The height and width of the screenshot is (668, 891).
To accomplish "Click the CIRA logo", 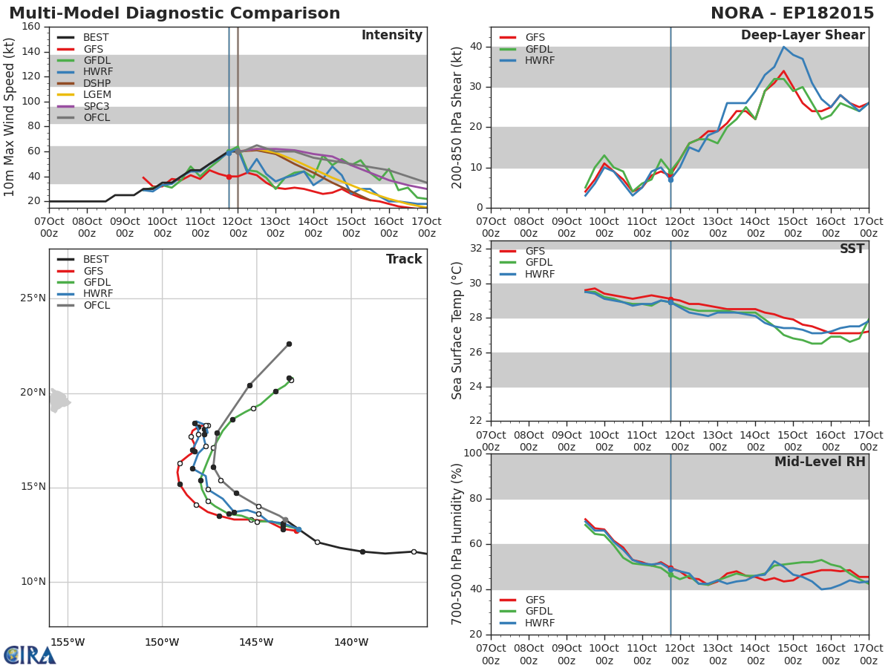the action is pos(30,655).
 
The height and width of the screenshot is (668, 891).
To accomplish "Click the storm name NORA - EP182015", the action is pos(792,13).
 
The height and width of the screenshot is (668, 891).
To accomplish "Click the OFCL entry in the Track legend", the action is pos(84,305).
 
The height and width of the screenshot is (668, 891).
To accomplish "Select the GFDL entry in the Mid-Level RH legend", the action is pos(526,611).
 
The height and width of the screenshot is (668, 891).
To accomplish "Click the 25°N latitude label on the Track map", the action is pos(33,298).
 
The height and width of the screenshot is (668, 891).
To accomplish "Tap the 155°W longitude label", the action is pos(68,643).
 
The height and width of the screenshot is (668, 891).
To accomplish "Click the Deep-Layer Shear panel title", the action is pos(803,36).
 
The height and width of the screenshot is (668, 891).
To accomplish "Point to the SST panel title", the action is pos(852,249).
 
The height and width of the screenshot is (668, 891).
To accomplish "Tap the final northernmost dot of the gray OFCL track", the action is pos(290,344).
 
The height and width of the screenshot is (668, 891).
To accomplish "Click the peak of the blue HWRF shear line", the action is pos(784,47).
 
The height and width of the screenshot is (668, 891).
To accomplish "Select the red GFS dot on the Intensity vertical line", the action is pos(229,177).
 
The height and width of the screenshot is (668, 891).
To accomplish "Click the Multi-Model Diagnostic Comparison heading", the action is pos(174,13).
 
